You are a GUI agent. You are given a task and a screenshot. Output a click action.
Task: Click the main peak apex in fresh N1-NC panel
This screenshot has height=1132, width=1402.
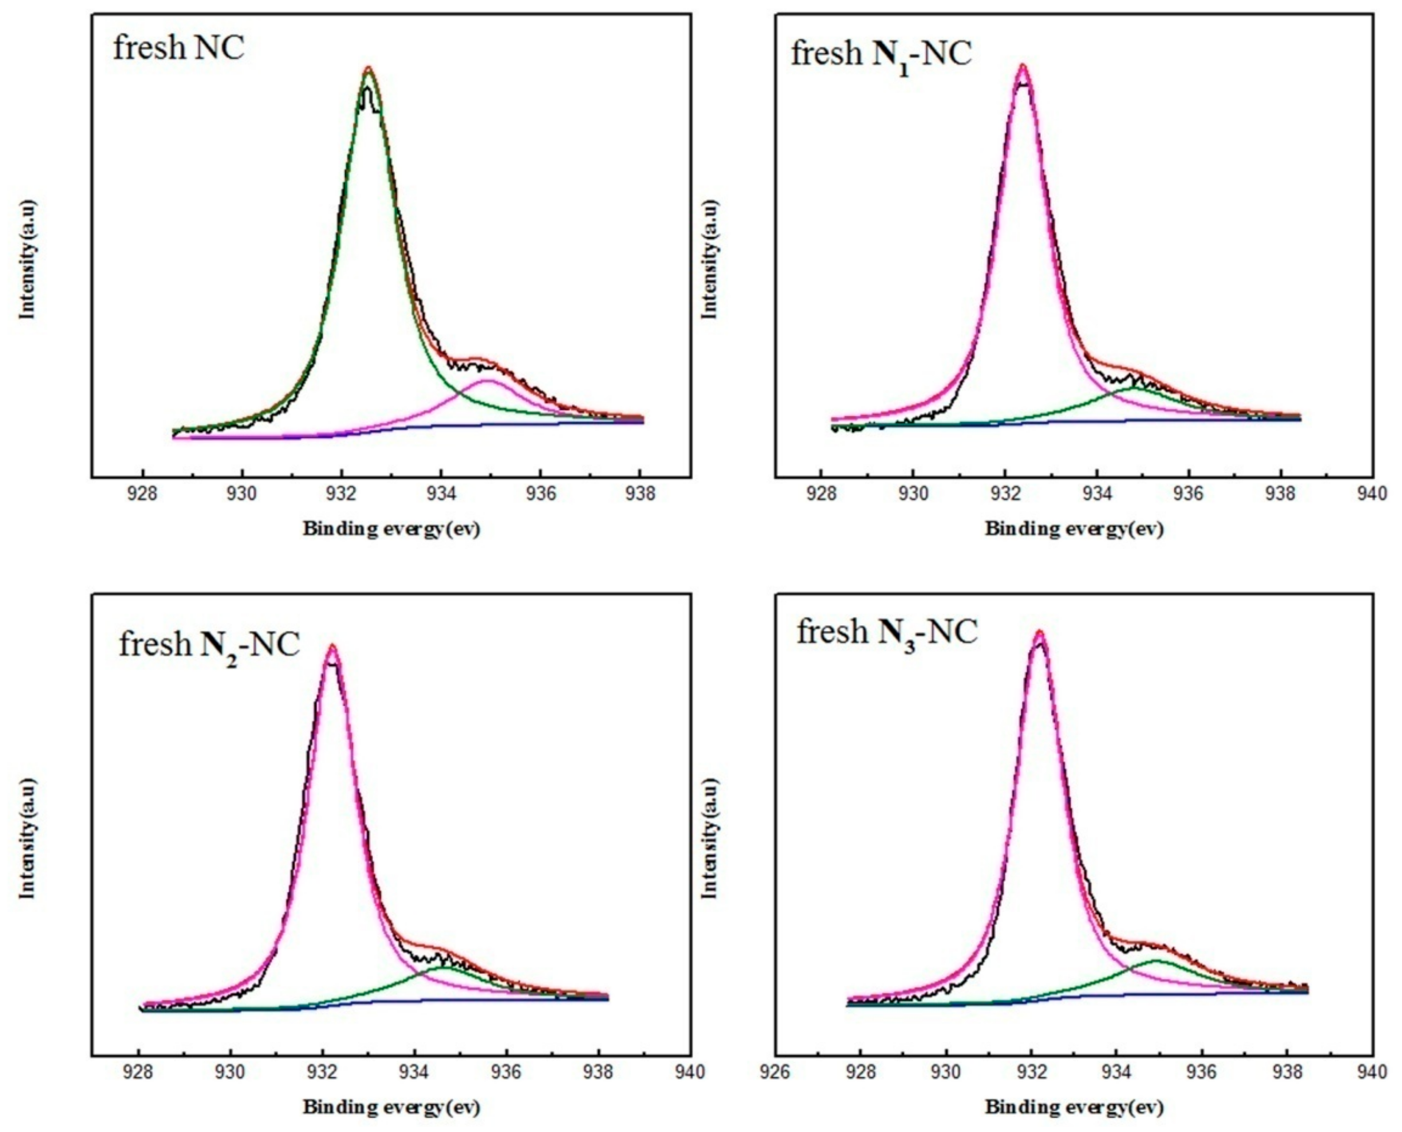[1023, 65]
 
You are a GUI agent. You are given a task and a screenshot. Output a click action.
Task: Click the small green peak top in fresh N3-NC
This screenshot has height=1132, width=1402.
[1158, 960]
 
